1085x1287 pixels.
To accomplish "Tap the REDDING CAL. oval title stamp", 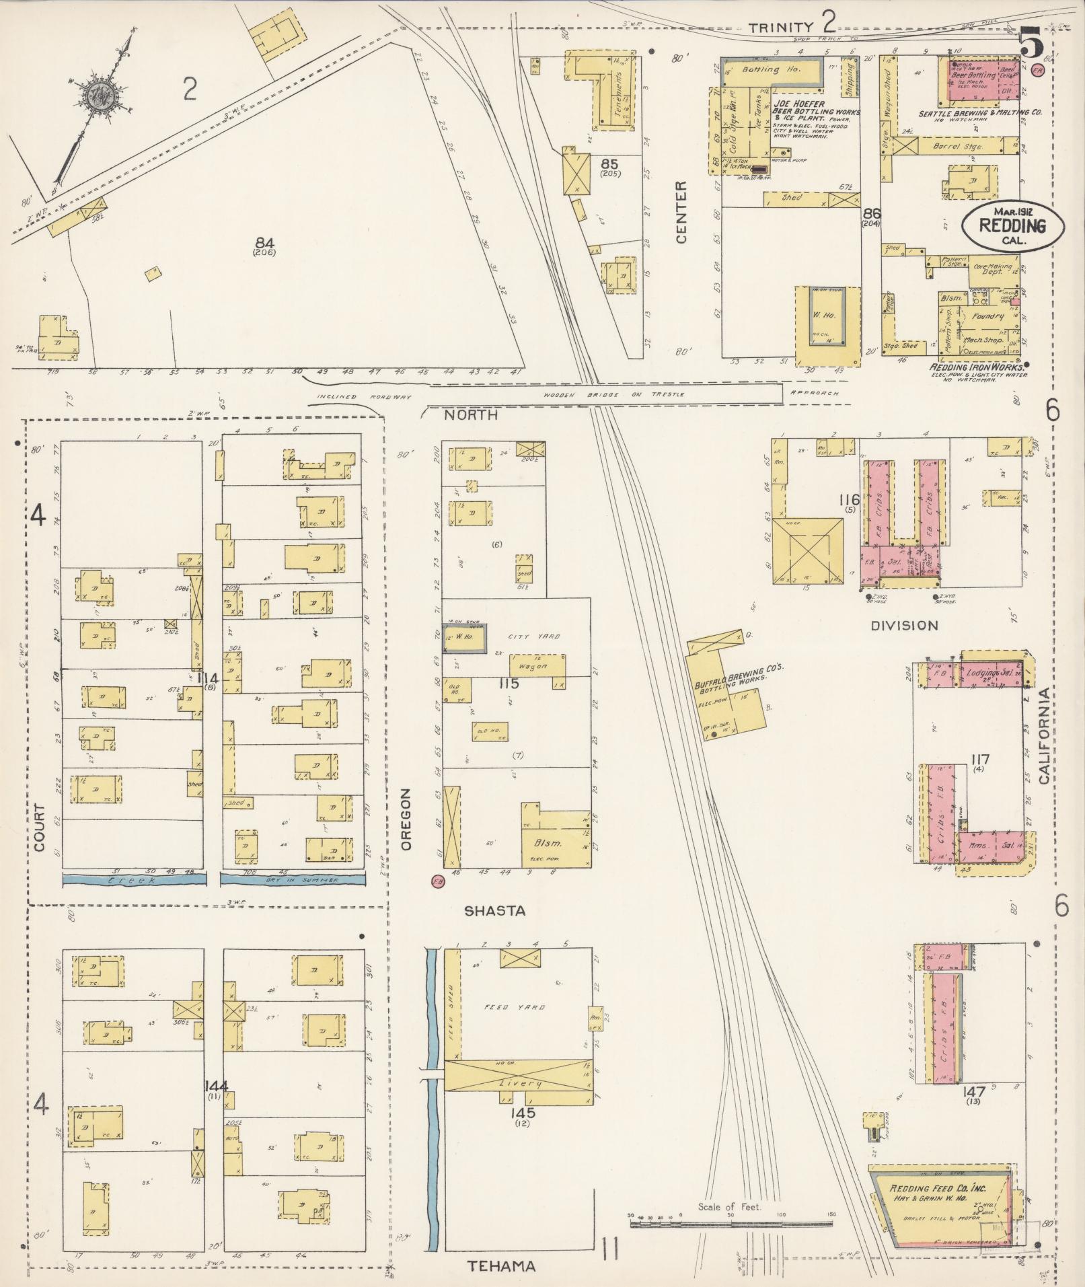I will [1012, 225].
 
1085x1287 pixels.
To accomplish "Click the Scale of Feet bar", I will [731, 1220].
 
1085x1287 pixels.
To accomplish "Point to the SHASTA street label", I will [494, 910].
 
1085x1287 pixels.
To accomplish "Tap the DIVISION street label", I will [904, 625].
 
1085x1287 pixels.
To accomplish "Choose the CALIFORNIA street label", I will [1043, 736].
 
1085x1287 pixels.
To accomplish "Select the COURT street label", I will [38, 828].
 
